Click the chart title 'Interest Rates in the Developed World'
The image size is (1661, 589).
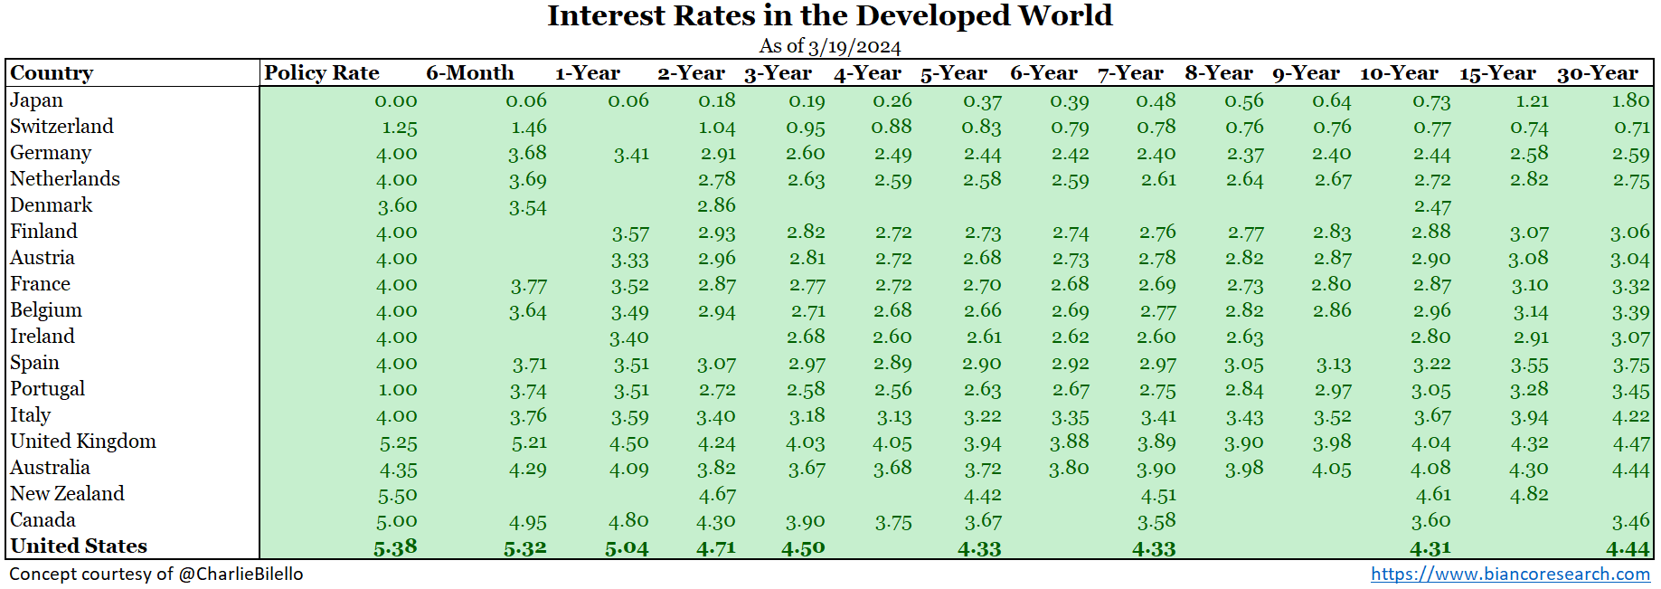point(829,16)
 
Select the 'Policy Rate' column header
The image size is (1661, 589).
point(321,73)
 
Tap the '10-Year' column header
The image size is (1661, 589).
point(1398,73)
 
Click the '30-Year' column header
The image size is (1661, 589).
point(1597,73)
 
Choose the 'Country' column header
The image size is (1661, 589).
point(52,73)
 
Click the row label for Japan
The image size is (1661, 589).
point(37,100)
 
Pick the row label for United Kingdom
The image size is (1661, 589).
point(83,442)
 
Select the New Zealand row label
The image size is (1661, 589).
point(68,494)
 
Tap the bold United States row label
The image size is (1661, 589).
point(79,546)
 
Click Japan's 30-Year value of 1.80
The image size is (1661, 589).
point(1630,100)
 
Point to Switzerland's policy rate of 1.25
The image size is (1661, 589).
point(399,128)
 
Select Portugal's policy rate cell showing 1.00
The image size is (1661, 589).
point(398,390)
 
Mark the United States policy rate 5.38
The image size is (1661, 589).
point(395,547)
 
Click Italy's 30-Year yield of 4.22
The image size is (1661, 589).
point(1630,416)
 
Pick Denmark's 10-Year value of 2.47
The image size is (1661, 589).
point(1432,206)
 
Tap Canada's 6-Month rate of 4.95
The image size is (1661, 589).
point(527,521)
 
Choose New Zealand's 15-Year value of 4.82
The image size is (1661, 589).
point(1529,495)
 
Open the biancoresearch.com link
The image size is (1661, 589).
point(1510,574)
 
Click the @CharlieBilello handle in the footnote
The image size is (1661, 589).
point(241,574)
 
